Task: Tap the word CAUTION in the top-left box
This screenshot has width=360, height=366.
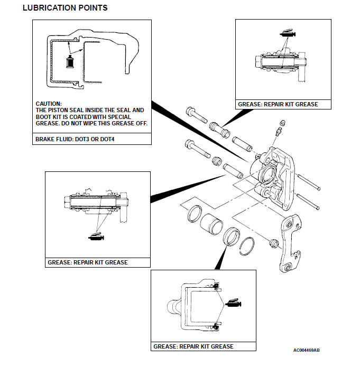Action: pos(49,104)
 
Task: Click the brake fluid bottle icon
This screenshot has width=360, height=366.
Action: pos(68,61)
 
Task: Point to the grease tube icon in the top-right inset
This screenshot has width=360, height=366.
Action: pos(288,33)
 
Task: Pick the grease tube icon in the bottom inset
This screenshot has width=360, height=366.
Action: pos(233,304)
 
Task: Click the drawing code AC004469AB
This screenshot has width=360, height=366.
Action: pos(307,350)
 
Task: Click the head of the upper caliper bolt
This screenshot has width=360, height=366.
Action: pos(191,112)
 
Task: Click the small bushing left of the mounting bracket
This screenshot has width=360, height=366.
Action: pos(273,243)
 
